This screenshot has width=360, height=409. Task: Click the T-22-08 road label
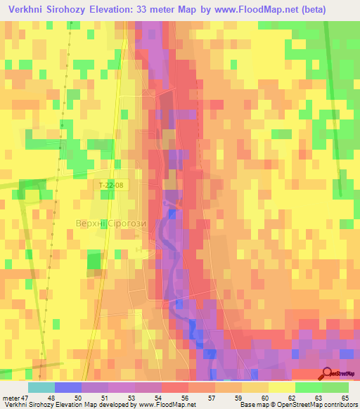(x=112, y=185)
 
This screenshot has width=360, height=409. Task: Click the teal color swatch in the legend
(x=41, y=388)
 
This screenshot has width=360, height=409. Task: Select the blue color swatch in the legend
(x=68, y=388)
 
